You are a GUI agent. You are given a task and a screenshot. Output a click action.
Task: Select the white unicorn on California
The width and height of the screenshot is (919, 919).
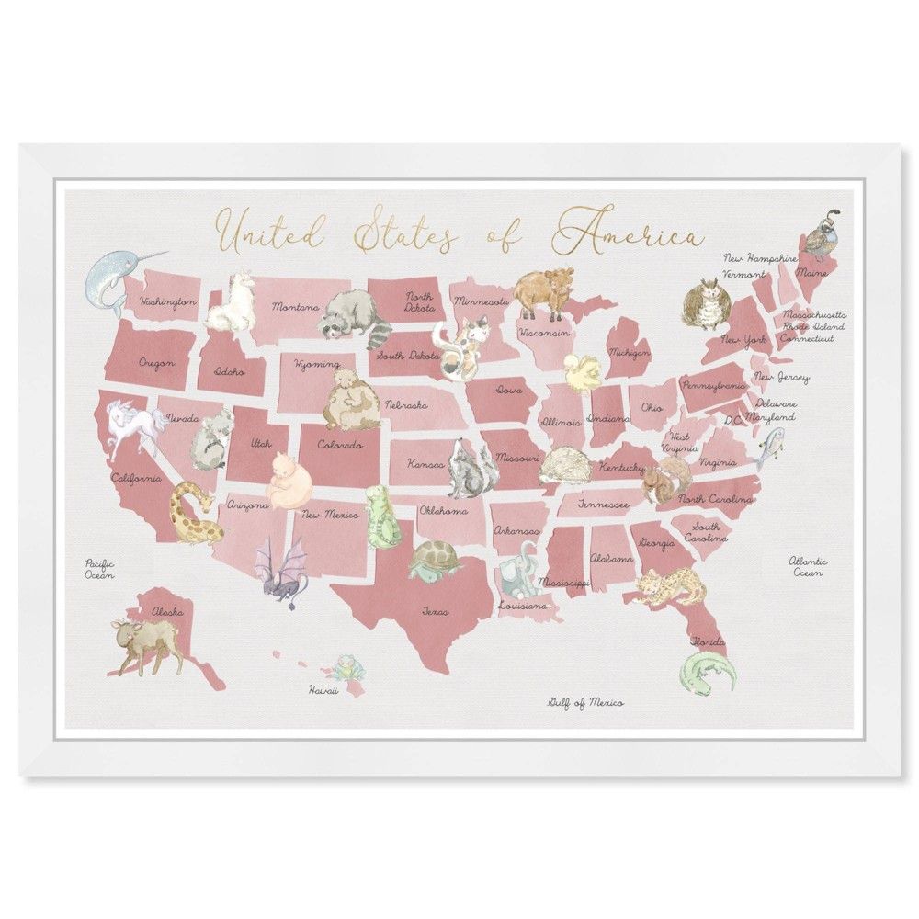point(133,426)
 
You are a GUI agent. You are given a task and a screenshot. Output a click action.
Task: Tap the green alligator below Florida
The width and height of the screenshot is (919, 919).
point(709,673)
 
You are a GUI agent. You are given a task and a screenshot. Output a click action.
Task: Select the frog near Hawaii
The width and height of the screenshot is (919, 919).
point(346,666)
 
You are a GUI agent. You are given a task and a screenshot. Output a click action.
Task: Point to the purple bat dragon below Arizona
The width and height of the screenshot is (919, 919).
point(279,571)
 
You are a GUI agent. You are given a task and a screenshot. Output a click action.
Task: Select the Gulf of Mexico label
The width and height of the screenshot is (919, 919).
point(585,703)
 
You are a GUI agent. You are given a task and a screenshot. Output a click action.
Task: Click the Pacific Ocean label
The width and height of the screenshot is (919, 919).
point(99,569)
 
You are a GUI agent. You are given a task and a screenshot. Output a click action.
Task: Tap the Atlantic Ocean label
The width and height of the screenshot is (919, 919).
point(808,566)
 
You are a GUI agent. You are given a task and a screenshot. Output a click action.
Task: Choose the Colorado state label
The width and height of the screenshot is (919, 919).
point(340,445)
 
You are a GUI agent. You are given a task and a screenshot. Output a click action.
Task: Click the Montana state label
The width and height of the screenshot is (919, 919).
point(295,307)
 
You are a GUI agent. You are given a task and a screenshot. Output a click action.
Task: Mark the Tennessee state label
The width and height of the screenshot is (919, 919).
point(603,505)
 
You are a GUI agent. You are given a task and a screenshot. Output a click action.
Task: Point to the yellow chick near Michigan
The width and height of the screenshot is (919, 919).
point(582,371)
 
